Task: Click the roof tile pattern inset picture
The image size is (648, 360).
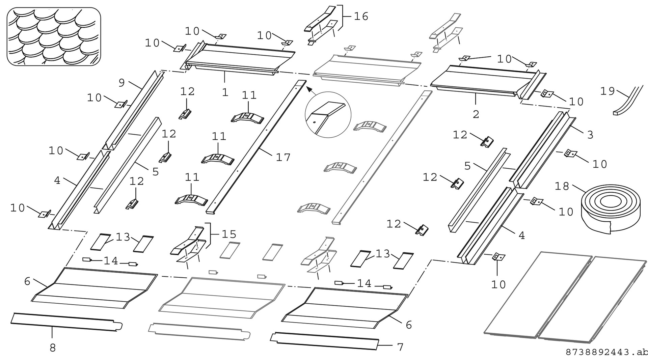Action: pyautogui.click(x=54, y=36)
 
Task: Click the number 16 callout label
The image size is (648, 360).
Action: pyautogui.click(x=361, y=16)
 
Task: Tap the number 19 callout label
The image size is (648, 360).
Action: pyautogui.click(x=607, y=91)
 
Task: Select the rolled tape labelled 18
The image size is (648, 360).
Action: pyautogui.click(x=610, y=209)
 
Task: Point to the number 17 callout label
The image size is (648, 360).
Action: pyautogui.click(x=283, y=157)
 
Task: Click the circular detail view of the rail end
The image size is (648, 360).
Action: pyautogui.click(x=328, y=115)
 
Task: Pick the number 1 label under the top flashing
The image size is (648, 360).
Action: pyautogui.click(x=225, y=92)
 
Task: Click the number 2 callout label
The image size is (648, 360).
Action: pyautogui.click(x=476, y=114)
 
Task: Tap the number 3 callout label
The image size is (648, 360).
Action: pyautogui.click(x=590, y=135)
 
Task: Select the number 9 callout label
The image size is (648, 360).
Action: pyautogui.click(x=122, y=83)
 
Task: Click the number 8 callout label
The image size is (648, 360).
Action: pyautogui.click(x=53, y=348)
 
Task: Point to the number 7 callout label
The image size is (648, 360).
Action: pyautogui.click(x=400, y=347)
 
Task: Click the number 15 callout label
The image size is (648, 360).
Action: pyautogui.click(x=229, y=234)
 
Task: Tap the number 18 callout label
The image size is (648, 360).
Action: pyautogui.click(x=562, y=186)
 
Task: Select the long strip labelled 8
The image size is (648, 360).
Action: pyautogui.click(x=66, y=322)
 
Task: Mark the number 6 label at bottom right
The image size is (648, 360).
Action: pyautogui.click(x=409, y=325)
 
